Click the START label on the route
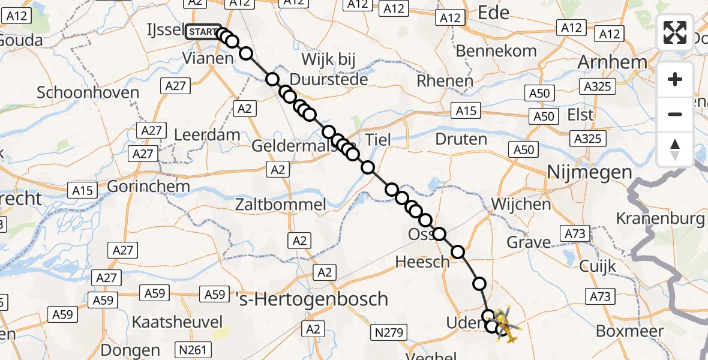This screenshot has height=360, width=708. click(203, 32)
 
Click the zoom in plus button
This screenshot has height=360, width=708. click(675, 79)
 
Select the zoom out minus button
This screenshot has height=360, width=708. click(675, 114)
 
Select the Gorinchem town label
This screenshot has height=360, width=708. click(148, 186)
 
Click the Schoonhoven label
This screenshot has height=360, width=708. click(88, 93)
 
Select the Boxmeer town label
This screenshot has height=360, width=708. click(630, 331)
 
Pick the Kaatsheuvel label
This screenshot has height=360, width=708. click(178, 322)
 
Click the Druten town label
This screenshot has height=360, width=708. click(461, 140)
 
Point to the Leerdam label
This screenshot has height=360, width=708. click(207, 135)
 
